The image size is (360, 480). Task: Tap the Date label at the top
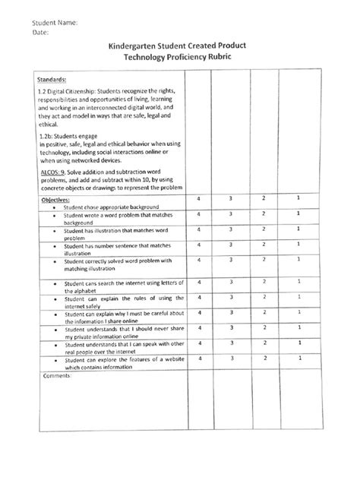tap(40, 33)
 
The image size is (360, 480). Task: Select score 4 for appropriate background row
tap(198, 198)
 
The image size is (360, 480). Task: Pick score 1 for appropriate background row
tap(299, 197)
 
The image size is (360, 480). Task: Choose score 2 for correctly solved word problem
tap(264, 259)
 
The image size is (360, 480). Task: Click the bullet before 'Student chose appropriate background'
tap(55, 207)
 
